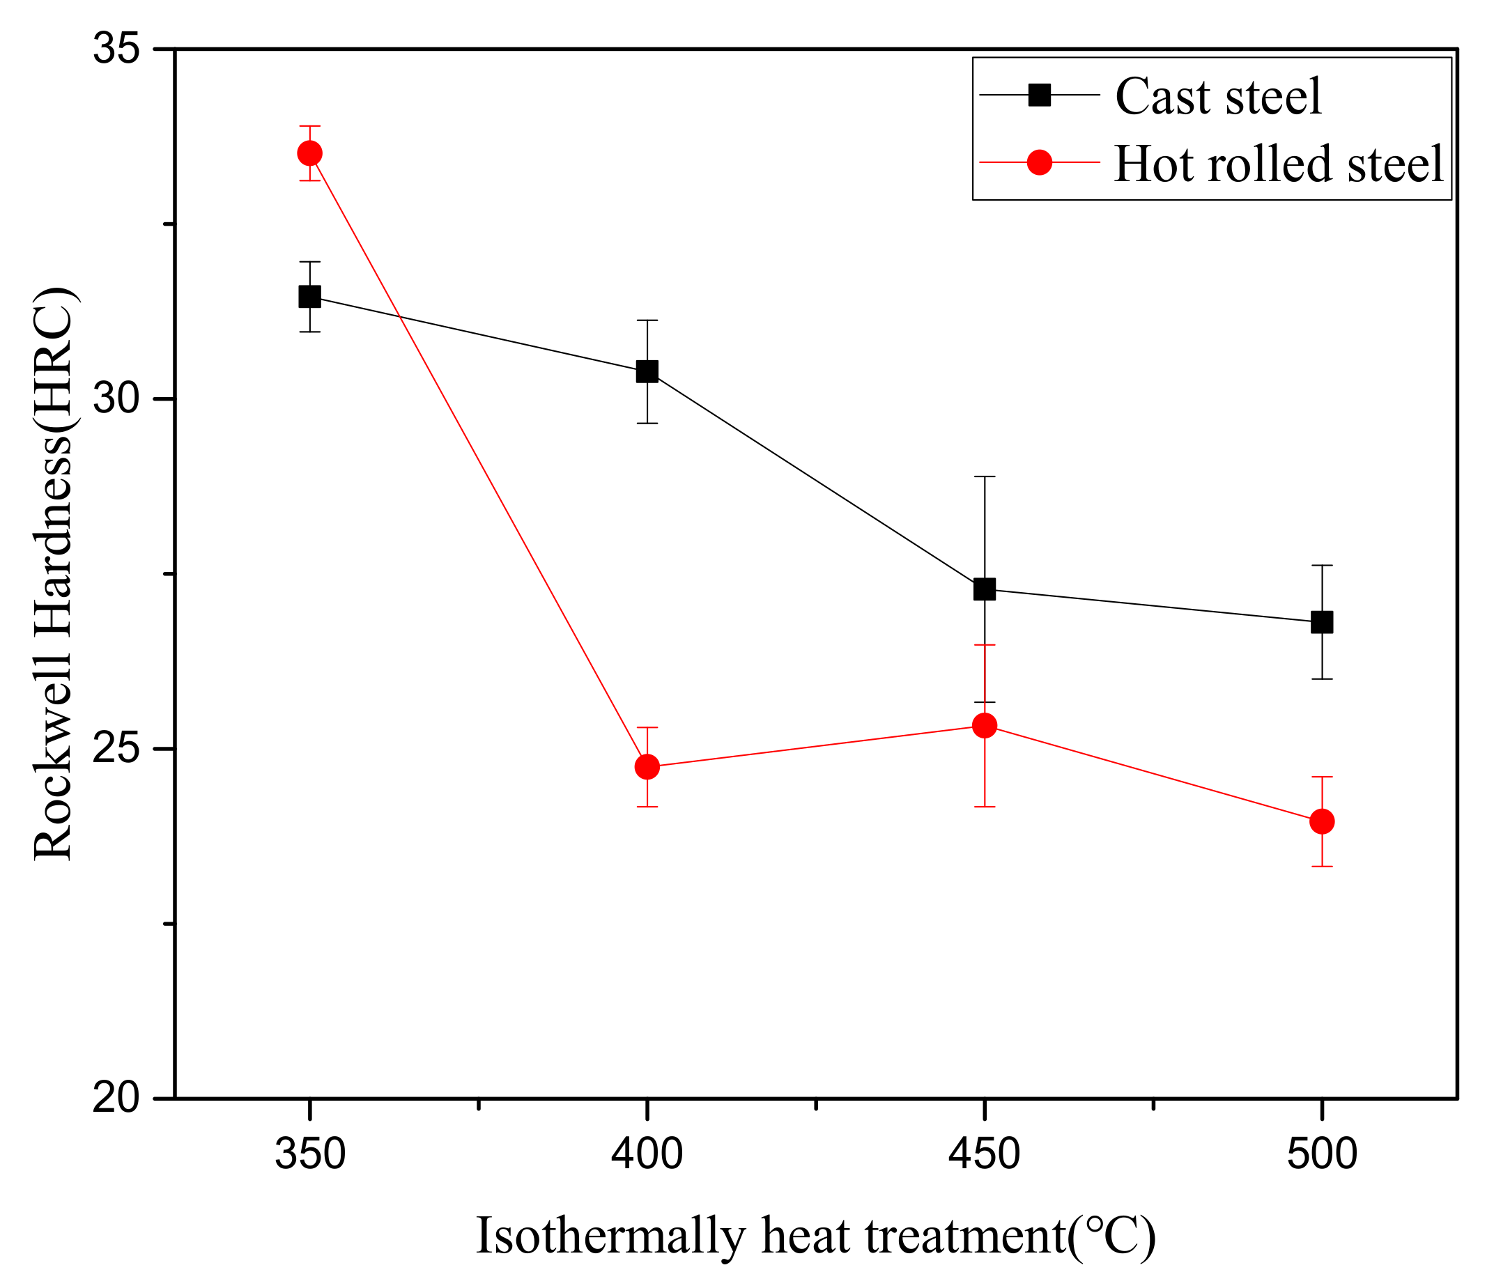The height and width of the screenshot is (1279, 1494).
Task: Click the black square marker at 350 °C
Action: pos(309,296)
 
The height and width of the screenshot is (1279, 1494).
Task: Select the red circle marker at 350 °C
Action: pos(309,153)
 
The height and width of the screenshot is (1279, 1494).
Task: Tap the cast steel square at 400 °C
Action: pos(647,371)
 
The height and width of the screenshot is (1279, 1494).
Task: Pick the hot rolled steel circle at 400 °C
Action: pos(647,766)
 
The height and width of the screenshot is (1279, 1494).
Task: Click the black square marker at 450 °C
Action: pos(984,589)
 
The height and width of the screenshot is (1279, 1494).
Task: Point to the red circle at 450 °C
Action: pos(984,725)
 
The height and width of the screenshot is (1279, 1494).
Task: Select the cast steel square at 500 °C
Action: pos(1322,622)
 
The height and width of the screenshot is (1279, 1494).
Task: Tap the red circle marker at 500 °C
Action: pos(1322,821)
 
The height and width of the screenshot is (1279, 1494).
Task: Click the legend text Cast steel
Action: pos(1218,96)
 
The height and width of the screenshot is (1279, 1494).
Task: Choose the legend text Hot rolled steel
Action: pos(1279,164)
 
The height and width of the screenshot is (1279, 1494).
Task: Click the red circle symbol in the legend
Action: pos(1039,162)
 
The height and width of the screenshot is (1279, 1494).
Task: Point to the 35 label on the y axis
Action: pos(116,49)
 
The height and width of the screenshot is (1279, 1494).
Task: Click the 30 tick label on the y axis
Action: pos(116,399)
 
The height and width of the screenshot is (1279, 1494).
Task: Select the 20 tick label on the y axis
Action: pos(116,1099)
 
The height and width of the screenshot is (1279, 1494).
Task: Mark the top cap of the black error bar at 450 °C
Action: pos(984,476)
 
